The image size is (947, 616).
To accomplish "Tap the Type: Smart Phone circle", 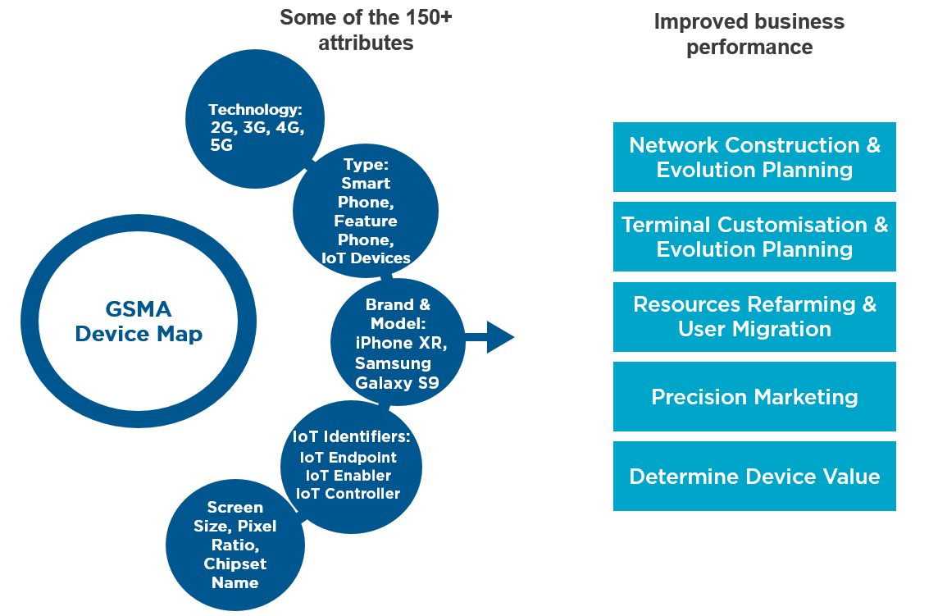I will click(x=366, y=211).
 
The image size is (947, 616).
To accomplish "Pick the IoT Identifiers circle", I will click(x=351, y=465).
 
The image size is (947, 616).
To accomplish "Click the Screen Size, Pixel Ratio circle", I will click(x=235, y=545).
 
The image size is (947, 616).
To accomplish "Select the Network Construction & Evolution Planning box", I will click(x=754, y=157).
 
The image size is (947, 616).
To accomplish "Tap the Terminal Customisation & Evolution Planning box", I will click(x=754, y=237).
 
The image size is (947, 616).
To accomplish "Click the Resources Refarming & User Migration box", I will click(x=754, y=317).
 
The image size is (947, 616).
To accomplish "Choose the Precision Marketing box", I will click(x=754, y=397).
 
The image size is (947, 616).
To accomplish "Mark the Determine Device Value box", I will click(x=754, y=477).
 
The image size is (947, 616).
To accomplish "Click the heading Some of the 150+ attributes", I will click(x=366, y=30).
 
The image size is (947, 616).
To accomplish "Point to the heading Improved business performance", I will click(x=749, y=34).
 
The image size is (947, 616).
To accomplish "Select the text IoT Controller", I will click(x=350, y=494).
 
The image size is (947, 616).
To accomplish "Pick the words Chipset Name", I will click(x=235, y=573).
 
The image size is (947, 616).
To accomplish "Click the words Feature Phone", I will click(x=366, y=230).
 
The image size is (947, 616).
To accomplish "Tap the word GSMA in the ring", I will click(x=138, y=309).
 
